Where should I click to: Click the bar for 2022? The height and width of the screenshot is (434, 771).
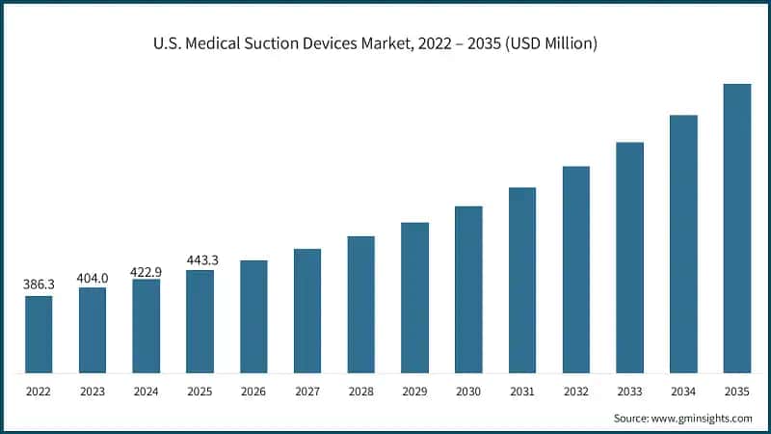39,334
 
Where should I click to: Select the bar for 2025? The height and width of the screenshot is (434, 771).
199,321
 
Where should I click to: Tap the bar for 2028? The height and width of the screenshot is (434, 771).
360,304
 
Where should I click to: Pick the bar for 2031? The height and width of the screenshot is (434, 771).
522,280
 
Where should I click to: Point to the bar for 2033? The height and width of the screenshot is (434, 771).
629,257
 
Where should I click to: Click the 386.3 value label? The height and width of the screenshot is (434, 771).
39,285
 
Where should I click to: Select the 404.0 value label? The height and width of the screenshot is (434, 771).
93,278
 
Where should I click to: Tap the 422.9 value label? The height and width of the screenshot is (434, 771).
146,271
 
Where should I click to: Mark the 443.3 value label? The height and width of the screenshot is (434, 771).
200,260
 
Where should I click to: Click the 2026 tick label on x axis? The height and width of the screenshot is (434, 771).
253,392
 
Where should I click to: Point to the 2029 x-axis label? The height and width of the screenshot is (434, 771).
414,392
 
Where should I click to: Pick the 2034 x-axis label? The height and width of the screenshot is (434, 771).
683,392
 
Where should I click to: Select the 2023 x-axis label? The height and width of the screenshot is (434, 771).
93,392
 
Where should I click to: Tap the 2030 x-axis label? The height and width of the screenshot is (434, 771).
468,392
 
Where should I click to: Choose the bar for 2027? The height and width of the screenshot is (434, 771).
307,311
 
